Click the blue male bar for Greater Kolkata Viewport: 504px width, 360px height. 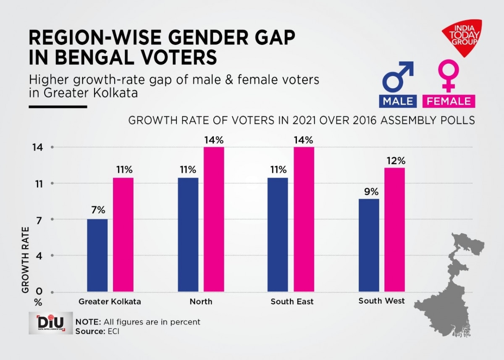pos(97,255)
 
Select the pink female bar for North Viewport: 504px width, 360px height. pos(214,219)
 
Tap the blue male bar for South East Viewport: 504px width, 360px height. pos(278,234)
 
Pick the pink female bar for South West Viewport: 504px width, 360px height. pos(395,229)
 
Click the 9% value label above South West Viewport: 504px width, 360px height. pos(372,192)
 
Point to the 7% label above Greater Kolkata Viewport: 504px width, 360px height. pos(98,211)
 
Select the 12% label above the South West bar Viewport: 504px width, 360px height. pos(395,160)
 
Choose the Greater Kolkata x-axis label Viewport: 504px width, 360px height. pos(110,302)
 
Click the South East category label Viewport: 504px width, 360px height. pos(292,302)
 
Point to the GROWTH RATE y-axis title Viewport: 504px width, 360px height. pos(26,260)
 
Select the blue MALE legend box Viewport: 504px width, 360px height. pos(397,101)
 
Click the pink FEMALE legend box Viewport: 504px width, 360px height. pos(449,101)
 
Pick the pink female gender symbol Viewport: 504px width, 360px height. pos(449,76)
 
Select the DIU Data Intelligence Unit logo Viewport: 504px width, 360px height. pos(50,323)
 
